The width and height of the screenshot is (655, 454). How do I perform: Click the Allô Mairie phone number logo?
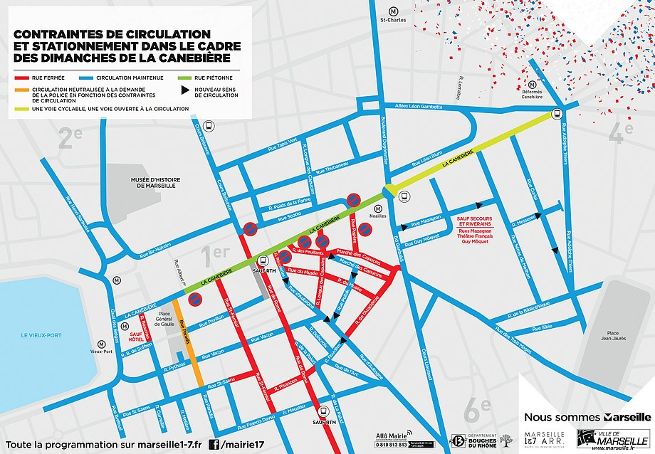[x=391, y=440]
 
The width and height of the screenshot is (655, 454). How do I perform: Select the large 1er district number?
[x=214, y=253]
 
